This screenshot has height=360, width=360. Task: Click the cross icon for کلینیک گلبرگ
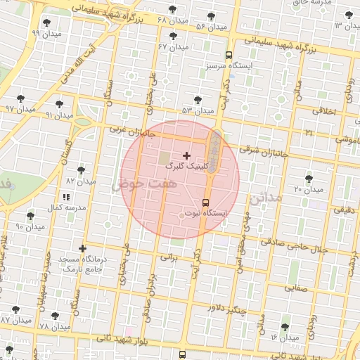186,155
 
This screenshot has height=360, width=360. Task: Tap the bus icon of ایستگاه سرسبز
229,54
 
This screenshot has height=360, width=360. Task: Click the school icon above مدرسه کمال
66,197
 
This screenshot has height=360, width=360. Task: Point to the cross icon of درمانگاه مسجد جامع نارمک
83,248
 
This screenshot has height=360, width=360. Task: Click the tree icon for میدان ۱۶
284,327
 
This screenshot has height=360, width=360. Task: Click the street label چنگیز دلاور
226,307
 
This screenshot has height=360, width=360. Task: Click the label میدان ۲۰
308,189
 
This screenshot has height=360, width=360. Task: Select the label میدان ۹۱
59,115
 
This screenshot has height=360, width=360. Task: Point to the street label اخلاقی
326,110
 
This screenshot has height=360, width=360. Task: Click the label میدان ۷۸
54,327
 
